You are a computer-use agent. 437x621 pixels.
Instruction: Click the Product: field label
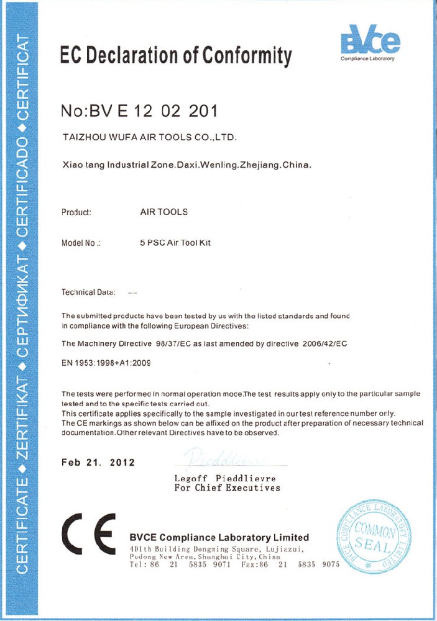click(x=76, y=212)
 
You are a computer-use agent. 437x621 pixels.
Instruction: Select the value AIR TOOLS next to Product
click(x=164, y=212)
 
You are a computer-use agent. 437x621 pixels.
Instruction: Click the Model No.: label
click(x=81, y=243)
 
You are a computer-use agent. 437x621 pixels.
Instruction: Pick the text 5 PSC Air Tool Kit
click(x=176, y=243)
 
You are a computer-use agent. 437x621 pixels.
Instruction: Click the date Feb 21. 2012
click(x=98, y=463)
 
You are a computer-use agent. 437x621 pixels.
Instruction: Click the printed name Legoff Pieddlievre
click(x=225, y=479)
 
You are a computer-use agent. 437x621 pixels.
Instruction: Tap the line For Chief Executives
click(x=228, y=488)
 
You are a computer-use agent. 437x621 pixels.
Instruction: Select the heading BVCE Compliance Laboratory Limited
click(x=219, y=537)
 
